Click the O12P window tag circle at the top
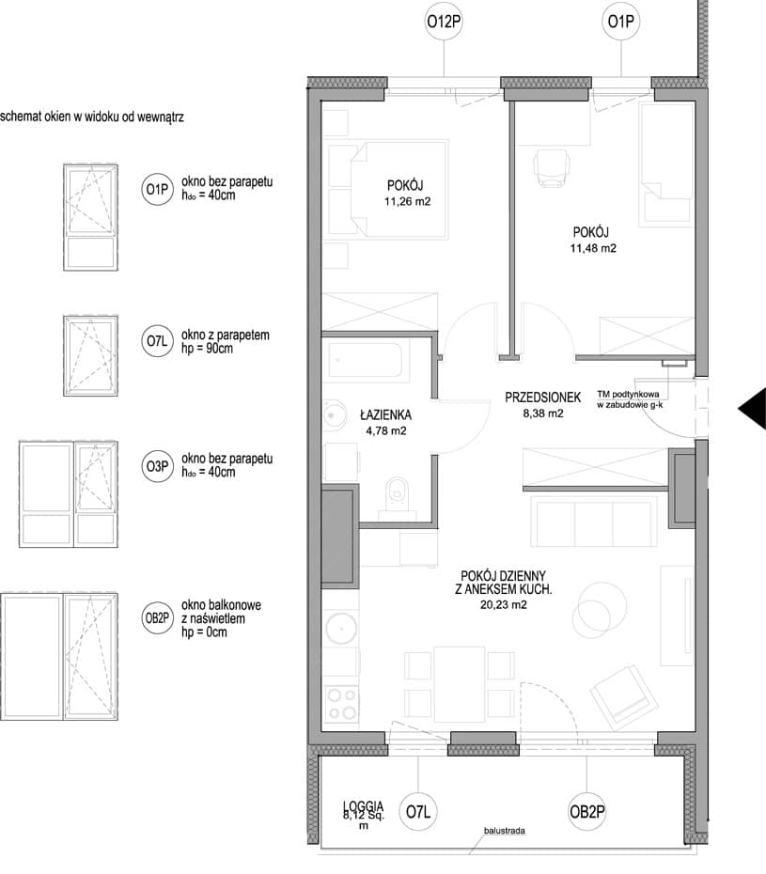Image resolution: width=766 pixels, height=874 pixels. pyautogui.click(x=444, y=22)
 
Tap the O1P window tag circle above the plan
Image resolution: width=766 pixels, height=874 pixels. pyautogui.click(x=620, y=22)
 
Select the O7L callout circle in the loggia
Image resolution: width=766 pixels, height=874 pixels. pyautogui.click(x=418, y=812)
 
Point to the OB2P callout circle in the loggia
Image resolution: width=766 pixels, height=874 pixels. pyautogui.click(x=586, y=812)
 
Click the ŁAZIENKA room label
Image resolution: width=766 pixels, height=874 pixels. pyautogui.click(x=385, y=414)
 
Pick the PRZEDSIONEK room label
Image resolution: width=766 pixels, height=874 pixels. pyautogui.click(x=542, y=398)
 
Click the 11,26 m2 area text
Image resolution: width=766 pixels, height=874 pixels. pyautogui.click(x=407, y=201)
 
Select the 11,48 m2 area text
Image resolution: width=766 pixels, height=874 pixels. pyautogui.click(x=593, y=249)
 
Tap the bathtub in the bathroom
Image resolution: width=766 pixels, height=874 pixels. pyautogui.click(x=368, y=361)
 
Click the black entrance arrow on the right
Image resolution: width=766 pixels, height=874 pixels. pyautogui.click(x=752, y=409)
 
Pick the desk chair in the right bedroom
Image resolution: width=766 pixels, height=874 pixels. pyautogui.click(x=552, y=166)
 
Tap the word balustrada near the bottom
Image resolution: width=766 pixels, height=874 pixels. pyautogui.click(x=504, y=831)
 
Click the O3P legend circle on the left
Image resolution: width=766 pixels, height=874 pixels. pyautogui.click(x=157, y=466)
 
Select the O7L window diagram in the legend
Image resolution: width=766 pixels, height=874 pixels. pyautogui.click(x=90, y=355)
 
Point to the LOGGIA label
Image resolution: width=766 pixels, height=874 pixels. pyautogui.click(x=364, y=806)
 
